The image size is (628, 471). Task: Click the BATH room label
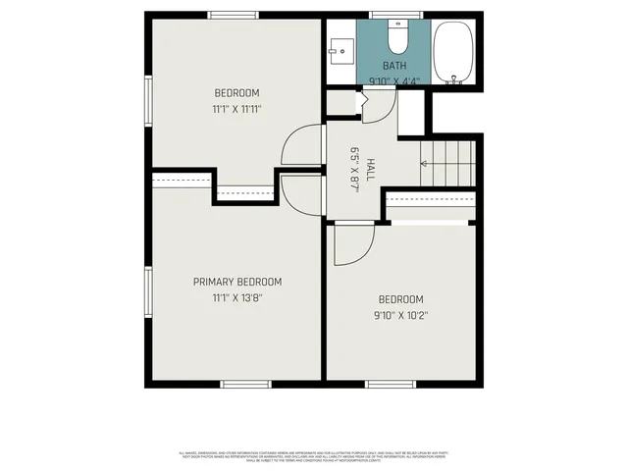[x=393, y=66]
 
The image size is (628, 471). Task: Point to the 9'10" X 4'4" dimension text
[x=392, y=80]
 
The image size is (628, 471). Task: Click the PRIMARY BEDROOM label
[x=236, y=282]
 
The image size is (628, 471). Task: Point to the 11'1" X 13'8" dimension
[x=236, y=297]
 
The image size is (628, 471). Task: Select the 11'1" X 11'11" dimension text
[x=236, y=109]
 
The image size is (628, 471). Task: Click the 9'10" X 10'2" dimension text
[x=400, y=315]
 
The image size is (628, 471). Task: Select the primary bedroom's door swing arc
[x=298, y=194]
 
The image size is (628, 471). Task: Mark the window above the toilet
[x=395, y=15]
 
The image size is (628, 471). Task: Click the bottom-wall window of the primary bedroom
[x=244, y=383]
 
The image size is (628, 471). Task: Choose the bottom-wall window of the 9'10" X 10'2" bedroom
[x=391, y=383]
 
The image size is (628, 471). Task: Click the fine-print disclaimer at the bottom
[x=314, y=457]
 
